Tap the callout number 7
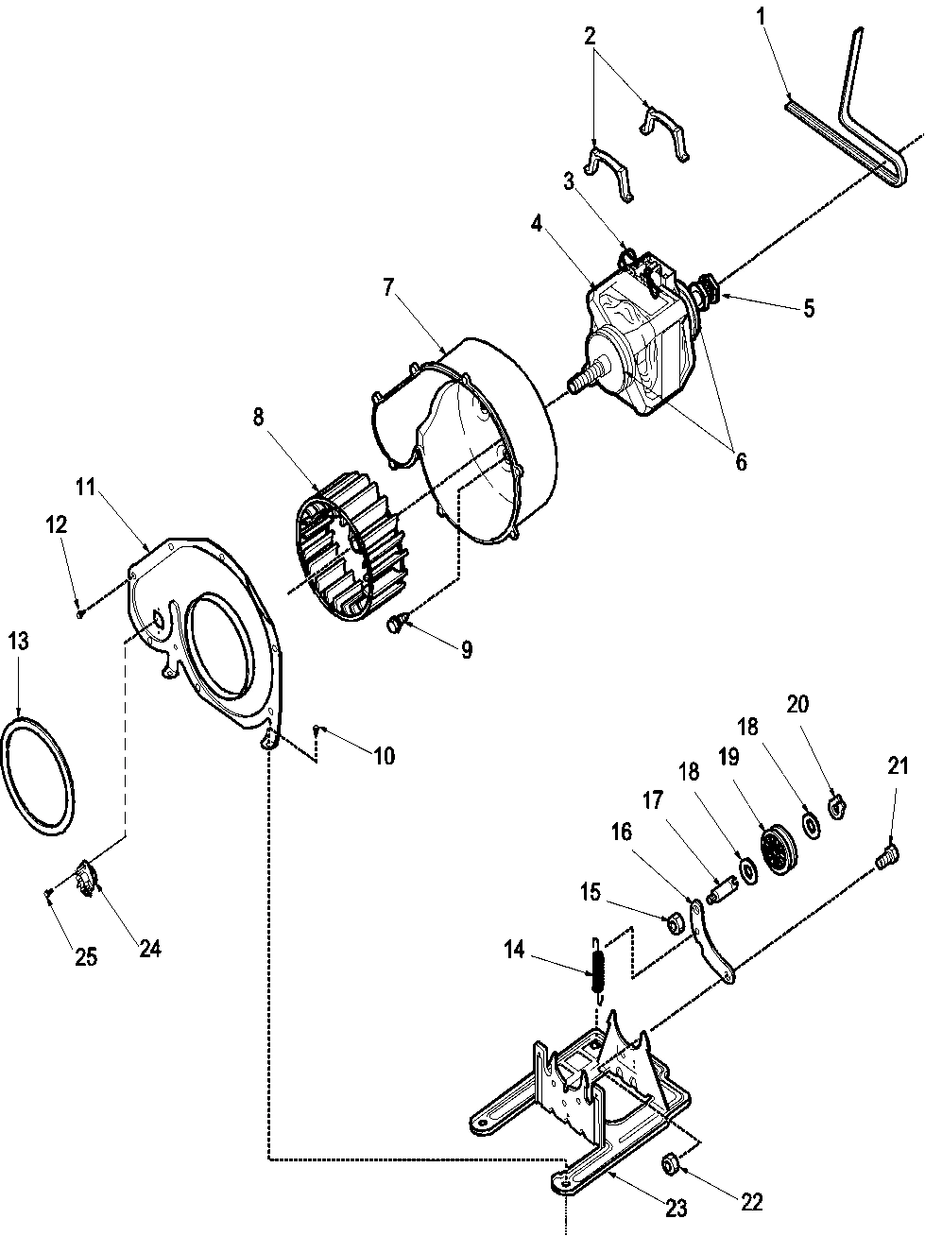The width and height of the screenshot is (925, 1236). pos(388,288)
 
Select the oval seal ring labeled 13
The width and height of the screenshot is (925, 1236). pos(39,775)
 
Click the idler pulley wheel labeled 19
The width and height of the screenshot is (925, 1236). pos(779,850)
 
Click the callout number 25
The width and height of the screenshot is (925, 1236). pos(85,956)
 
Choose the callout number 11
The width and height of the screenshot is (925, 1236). pos(86,489)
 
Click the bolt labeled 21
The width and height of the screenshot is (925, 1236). pos(886,856)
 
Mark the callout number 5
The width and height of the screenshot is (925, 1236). pos(809,308)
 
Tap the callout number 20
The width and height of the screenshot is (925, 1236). pos(797,704)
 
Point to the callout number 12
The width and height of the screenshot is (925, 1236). pos(58,524)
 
